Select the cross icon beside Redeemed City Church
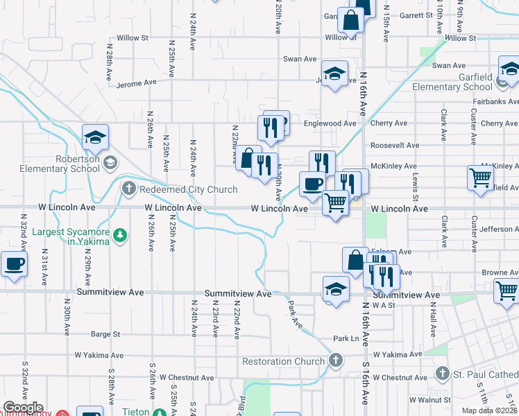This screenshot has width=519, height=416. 128,189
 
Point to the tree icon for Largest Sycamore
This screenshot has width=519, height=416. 121,236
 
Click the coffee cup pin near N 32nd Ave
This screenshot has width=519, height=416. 14,263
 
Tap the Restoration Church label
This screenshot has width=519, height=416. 283,361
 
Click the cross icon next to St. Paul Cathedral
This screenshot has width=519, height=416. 441,374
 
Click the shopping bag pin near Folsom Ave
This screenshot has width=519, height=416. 355,260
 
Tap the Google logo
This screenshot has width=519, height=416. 24,408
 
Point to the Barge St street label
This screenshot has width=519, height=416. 105,334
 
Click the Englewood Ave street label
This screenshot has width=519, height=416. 330,123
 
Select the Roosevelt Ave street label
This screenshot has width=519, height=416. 395,146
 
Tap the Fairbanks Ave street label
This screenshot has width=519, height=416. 493,101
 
